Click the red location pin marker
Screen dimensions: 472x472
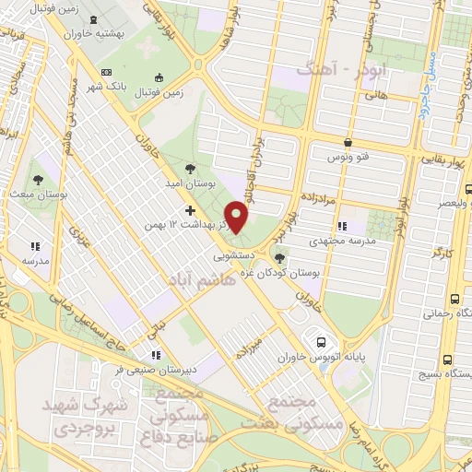click(x=238, y=218)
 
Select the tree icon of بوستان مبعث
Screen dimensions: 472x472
click(x=38, y=180)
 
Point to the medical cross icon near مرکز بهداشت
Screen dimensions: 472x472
click(x=191, y=211)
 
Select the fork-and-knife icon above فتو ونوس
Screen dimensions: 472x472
click(x=348, y=143)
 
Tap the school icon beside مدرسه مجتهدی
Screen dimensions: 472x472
click(x=343, y=226)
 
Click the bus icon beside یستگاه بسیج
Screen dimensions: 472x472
click(x=447, y=360)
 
